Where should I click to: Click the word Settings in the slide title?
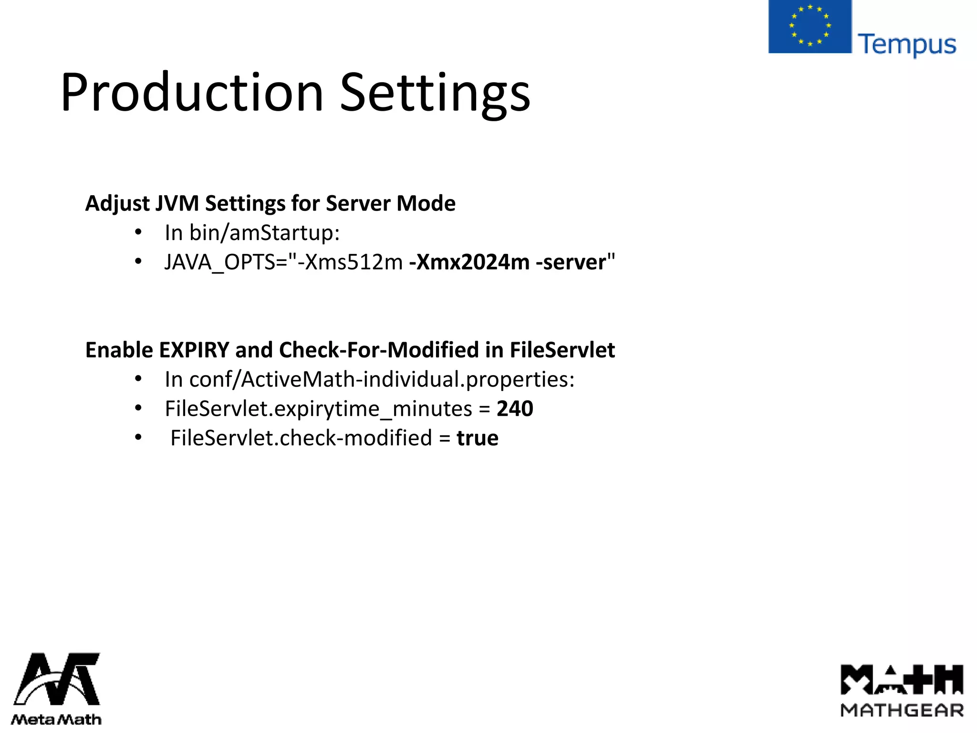435,94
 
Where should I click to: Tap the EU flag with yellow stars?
810,26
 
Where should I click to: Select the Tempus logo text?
907,45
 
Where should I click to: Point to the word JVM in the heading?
177,203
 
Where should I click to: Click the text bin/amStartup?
264,233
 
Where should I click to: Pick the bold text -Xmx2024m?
469,262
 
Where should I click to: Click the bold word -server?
571,262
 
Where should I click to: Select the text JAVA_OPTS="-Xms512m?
283,262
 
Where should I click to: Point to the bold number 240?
515,408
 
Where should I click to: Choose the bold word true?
478,438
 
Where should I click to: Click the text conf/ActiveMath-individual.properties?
382,379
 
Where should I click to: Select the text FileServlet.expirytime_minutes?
318,409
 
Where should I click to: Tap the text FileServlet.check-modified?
301,438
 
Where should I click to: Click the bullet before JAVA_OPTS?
138,262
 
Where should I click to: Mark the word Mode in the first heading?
426,203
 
